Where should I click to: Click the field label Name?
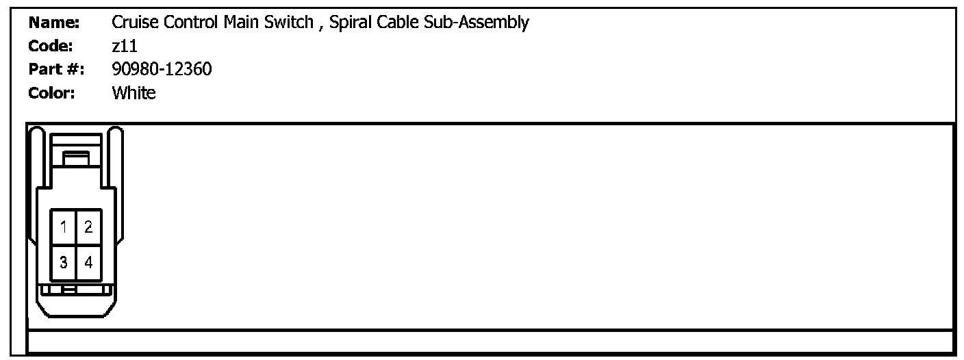tap(54, 23)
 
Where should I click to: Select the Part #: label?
tap(56, 69)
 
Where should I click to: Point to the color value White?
tap(134, 92)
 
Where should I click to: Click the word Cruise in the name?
tap(131, 23)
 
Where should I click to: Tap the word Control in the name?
tap(187, 23)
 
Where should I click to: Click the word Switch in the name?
tap(286, 23)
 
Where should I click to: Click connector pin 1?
tap(63, 227)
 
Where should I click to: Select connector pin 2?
tap(89, 227)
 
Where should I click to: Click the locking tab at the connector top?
tap(75, 158)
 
